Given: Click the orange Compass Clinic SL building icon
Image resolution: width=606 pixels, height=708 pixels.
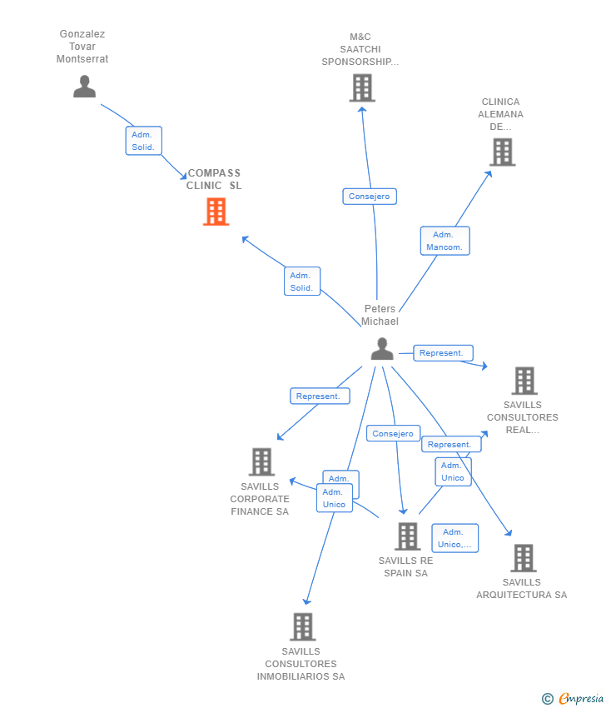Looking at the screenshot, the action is click(x=216, y=212).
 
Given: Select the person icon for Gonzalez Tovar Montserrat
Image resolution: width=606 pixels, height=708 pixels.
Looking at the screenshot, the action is click(x=84, y=87).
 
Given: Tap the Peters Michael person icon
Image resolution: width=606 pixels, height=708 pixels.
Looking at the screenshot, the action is click(x=382, y=348).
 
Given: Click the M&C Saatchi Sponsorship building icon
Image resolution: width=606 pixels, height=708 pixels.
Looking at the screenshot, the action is click(x=362, y=88).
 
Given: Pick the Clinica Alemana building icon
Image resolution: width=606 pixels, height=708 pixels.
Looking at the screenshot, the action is click(x=503, y=152).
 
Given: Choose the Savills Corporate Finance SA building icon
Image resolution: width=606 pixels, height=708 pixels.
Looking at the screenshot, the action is click(x=261, y=462).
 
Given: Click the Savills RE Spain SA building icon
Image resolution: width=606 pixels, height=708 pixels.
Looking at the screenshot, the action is click(x=407, y=536).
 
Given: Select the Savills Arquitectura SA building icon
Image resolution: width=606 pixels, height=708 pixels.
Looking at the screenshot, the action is click(x=524, y=558).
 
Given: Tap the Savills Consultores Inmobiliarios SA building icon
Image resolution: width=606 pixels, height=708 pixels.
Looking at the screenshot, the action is click(x=303, y=626).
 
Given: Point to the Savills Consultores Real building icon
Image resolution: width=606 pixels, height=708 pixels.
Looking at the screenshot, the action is click(x=524, y=381).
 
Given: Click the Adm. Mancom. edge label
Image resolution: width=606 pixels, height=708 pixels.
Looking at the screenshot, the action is click(x=445, y=241).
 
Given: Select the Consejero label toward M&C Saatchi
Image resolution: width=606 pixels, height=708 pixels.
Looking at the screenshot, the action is click(x=370, y=197).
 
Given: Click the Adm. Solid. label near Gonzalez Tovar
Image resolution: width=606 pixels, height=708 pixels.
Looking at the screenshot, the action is click(x=143, y=141).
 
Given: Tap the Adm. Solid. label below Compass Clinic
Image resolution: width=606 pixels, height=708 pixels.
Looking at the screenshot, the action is click(x=302, y=282).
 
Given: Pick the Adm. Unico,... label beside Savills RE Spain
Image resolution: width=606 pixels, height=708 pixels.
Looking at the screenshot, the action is click(x=454, y=538).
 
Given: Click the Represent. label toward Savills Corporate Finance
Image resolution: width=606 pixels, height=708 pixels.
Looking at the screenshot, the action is click(x=320, y=396).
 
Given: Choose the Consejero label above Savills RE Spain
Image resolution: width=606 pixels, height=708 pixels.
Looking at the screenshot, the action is click(x=393, y=433).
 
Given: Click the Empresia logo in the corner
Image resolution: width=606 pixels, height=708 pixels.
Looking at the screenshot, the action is click(x=573, y=699).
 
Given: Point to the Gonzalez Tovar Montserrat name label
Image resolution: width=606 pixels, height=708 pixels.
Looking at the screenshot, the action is click(x=82, y=47).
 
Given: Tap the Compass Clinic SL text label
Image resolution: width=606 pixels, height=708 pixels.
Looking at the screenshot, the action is click(x=214, y=179).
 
